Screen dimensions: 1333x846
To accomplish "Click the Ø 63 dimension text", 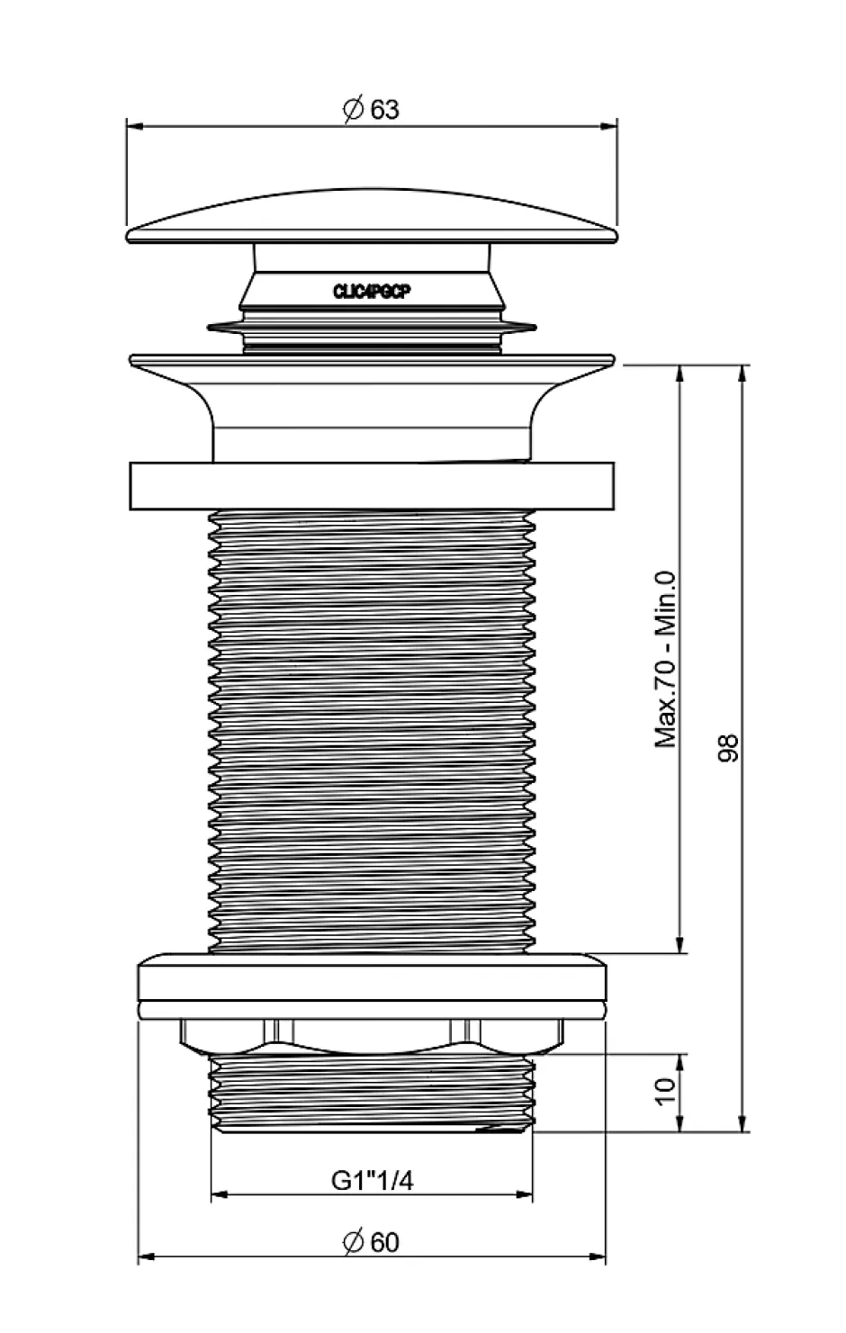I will pos(371,110).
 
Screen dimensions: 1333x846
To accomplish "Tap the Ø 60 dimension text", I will pos(371,1242).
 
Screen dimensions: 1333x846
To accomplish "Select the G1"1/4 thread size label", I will pos(373,1180).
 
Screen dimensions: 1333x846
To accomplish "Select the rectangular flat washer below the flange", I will pos(372,486).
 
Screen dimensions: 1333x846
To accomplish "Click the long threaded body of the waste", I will pos(372,729).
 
